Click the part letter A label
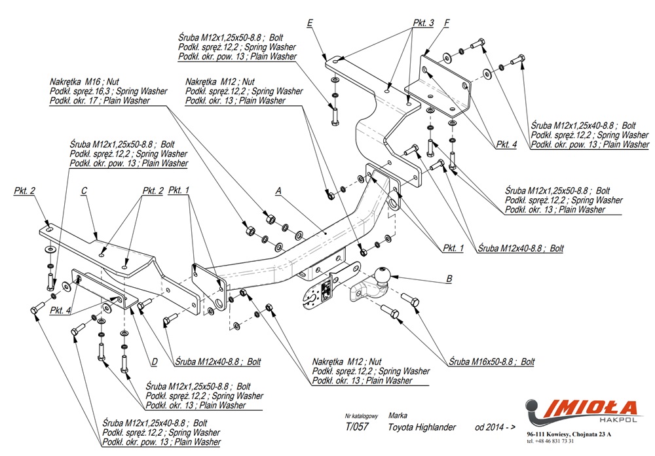pyautogui.click(x=278, y=191)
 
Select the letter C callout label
pyautogui.click(x=84, y=191)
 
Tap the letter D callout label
pyautogui.click(x=154, y=361)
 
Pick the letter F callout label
pyautogui.click(x=446, y=24)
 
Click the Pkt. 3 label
pyautogui.click(x=423, y=23)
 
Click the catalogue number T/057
pyautogui.click(x=356, y=427)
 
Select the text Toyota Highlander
pyautogui.click(x=422, y=427)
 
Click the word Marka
pyautogui.click(x=398, y=415)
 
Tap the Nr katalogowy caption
pyautogui.click(x=362, y=415)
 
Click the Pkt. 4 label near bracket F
pyautogui.click(x=505, y=146)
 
